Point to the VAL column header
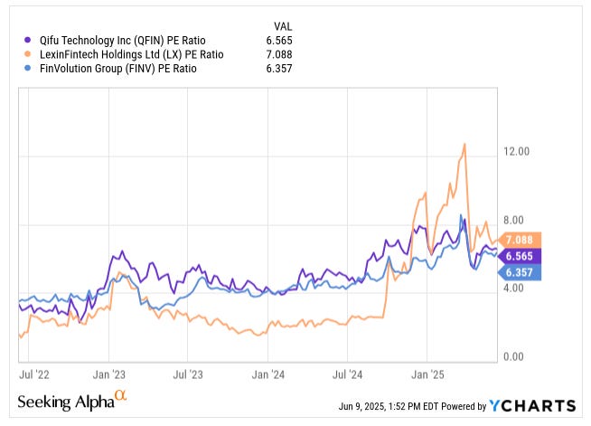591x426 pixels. (282, 25)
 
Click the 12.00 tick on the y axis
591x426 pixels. (516, 152)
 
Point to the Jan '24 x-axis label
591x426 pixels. (269, 372)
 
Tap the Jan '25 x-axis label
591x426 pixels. (427, 372)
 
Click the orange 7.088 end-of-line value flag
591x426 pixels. (521, 240)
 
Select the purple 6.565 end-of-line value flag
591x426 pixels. (521, 256)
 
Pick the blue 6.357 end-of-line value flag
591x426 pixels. (521, 271)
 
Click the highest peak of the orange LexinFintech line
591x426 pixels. (464, 144)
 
